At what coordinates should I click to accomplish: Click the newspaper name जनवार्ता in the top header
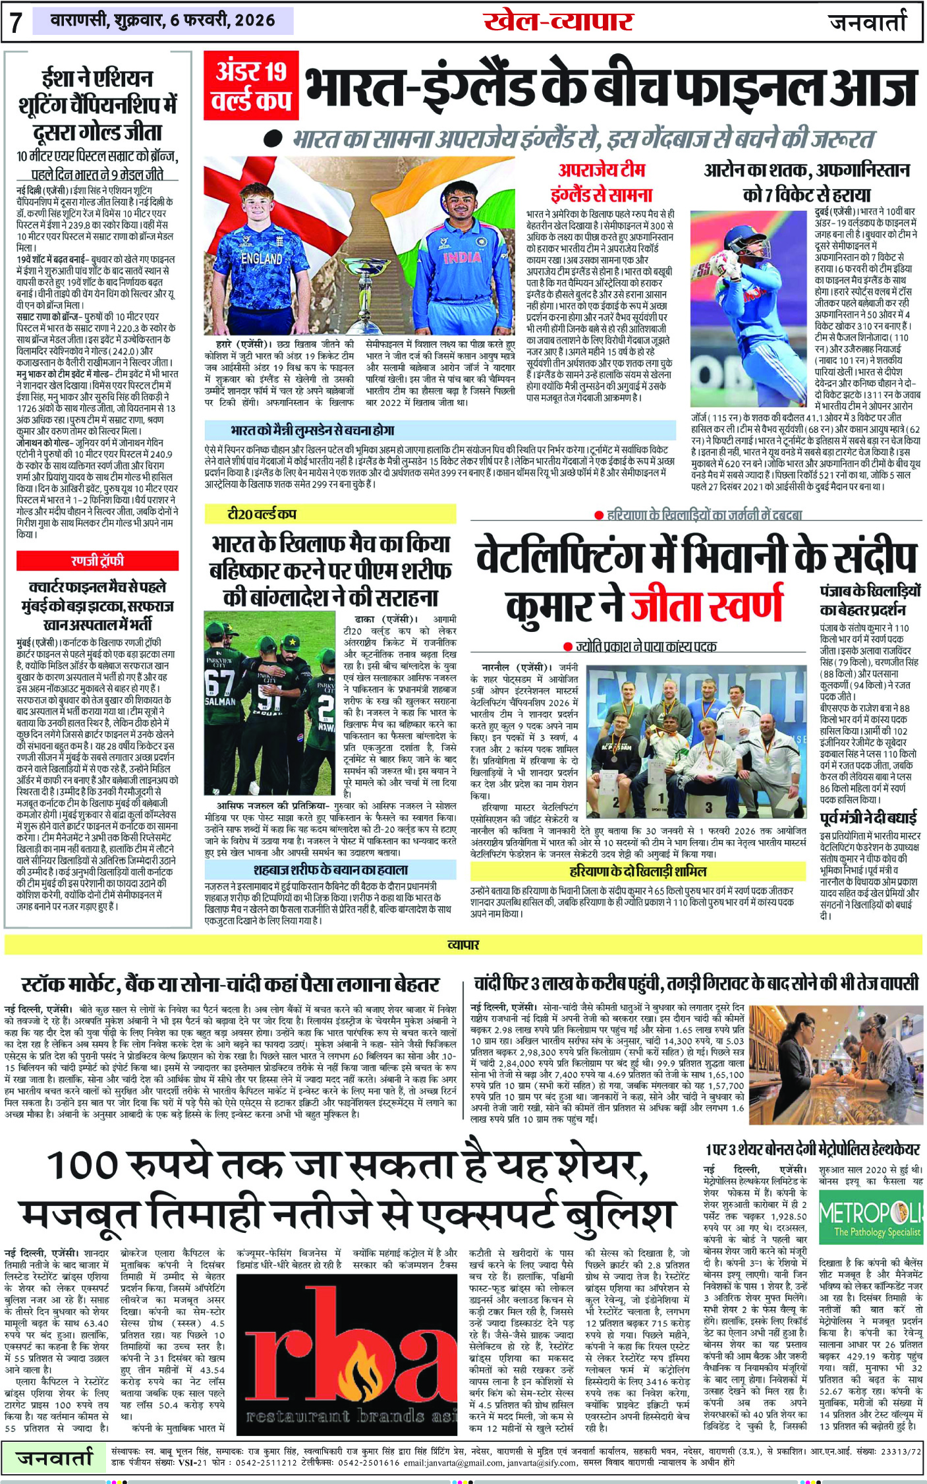tap(868, 21)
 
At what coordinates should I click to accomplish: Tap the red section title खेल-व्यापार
tap(558, 22)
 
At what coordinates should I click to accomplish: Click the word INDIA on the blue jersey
tap(461, 257)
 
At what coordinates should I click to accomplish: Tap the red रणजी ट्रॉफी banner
tap(98, 561)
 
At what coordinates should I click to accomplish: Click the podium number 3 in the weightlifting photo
tap(708, 807)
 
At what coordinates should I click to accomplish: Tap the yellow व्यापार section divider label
tap(463, 944)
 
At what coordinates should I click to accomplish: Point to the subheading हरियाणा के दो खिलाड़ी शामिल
tap(638, 871)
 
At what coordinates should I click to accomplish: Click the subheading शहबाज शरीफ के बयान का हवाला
tap(331, 869)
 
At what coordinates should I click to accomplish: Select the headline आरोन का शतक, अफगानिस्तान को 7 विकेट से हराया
tap(806, 182)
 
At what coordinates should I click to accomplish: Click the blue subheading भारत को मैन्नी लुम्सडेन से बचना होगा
tap(312, 430)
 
